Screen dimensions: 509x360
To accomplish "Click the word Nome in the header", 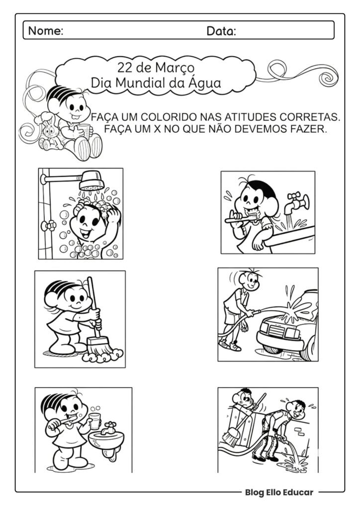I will [x=45, y=31].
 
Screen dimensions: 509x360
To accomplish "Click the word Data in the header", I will [x=221, y=31].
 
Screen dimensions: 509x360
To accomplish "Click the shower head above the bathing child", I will [x=91, y=180].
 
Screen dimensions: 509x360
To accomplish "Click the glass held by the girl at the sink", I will [x=94, y=421].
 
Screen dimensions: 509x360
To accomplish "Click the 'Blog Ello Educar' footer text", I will [x=278, y=492].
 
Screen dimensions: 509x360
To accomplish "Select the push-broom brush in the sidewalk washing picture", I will [x=231, y=437].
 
